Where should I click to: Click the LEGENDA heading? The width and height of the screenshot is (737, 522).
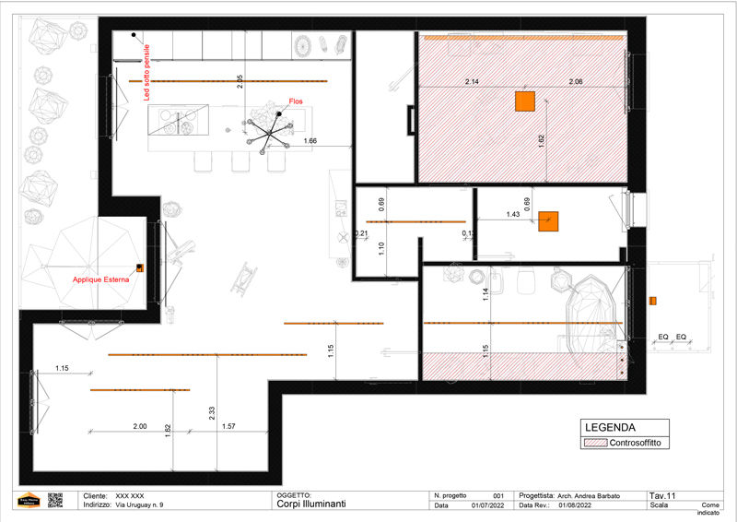click(x=609, y=428)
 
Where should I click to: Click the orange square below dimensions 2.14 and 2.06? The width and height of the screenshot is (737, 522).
click(x=525, y=101)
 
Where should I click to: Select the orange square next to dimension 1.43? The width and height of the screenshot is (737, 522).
click(x=549, y=221)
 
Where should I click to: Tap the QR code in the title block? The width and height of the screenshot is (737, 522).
click(x=54, y=500)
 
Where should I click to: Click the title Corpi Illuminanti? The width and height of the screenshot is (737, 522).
click(x=311, y=505)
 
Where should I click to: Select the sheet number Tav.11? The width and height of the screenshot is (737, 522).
click(x=662, y=495)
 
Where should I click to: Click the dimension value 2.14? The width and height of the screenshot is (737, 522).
click(x=472, y=83)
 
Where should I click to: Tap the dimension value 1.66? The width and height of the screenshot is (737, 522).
click(x=310, y=141)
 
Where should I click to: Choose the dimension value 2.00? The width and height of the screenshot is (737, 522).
click(x=139, y=426)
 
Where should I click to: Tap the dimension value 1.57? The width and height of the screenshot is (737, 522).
click(x=229, y=426)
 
